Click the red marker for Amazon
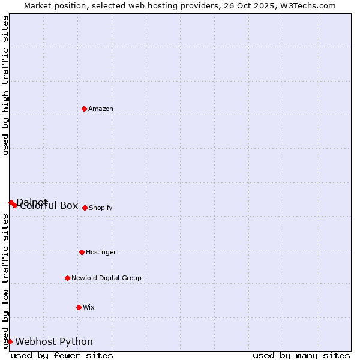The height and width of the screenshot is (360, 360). coord(84,109)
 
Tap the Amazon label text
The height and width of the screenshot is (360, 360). coord(101,109)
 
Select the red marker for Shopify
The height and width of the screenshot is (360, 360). coord(85,208)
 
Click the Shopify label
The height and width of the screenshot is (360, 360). coord(101,208)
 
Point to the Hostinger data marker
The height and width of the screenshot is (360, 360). coord(82,252)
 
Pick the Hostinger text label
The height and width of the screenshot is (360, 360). coord(101,253)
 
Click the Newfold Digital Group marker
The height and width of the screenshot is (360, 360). coord(67,278)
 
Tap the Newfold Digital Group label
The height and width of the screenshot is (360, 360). coord(106,278)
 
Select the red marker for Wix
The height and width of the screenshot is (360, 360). coord(79,307)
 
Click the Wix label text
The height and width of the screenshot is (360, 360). coord(89,308)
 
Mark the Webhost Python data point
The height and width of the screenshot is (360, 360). coord(10,341)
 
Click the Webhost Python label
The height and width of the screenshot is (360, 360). coord(54,342)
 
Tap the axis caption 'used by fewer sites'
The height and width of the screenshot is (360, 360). coord(62,355)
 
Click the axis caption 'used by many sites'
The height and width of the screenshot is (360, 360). coord(301,355)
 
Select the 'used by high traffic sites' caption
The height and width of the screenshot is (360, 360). coord(5,85)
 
